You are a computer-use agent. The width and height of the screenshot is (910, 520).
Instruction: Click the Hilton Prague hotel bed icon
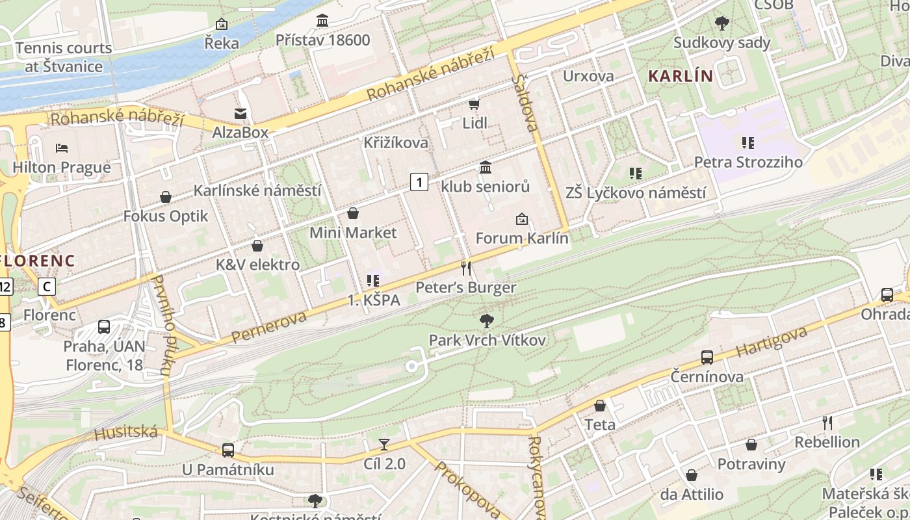(62, 148)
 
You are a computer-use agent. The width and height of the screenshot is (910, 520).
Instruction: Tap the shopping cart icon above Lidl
(474, 104)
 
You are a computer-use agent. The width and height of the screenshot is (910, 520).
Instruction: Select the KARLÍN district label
(681, 76)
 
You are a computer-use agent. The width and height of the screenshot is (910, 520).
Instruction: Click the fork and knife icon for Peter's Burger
(465, 268)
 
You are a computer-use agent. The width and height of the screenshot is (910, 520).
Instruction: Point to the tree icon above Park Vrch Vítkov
(486, 320)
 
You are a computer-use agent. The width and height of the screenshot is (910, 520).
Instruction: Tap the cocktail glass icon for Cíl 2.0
(384, 445)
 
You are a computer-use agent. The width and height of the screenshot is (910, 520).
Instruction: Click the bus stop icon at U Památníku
(227, 450)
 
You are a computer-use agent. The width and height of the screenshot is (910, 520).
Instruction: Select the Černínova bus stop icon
(707, 357)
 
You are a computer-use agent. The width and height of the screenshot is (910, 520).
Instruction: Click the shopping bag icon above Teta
(600, 406)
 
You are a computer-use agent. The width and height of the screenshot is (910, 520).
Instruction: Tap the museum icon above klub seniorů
(485, 168)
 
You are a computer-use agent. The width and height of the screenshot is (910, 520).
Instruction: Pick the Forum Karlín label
(522, 238)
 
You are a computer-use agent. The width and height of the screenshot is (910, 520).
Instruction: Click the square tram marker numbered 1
(419, 182)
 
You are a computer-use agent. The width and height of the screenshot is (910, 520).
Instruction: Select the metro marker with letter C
(46, 286)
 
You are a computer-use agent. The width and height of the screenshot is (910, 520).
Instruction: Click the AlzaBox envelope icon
(240, 114)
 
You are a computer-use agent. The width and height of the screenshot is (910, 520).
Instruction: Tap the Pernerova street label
(268, 327)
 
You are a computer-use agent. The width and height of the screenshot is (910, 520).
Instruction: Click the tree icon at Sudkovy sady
(721, 24)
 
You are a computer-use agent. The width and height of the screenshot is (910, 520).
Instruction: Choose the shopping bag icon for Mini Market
(353, 213)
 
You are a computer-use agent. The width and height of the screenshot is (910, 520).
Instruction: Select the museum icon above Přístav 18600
(322, 21)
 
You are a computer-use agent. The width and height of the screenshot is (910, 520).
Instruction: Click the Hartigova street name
(772, 342)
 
